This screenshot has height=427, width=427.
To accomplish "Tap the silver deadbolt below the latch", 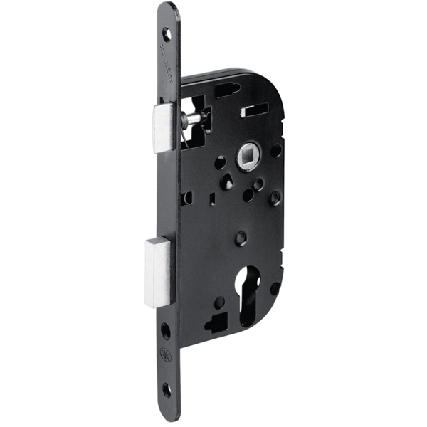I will point(158,272).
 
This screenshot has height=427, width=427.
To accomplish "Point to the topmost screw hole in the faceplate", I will point(166,33).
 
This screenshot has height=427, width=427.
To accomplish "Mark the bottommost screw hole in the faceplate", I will point(165,389).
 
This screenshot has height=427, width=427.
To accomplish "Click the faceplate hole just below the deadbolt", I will point(165,330).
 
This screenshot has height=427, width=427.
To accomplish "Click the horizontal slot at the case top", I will point(226,90).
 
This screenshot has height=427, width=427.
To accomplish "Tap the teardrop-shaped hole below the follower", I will point(226,182).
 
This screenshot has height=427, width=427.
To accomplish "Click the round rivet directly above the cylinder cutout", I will point(241,236).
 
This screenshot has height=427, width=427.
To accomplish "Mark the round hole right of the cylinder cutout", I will point(275,288).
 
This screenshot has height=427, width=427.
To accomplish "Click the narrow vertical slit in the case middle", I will point(212,200).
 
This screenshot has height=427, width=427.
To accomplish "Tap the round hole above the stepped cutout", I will point(220,302).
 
